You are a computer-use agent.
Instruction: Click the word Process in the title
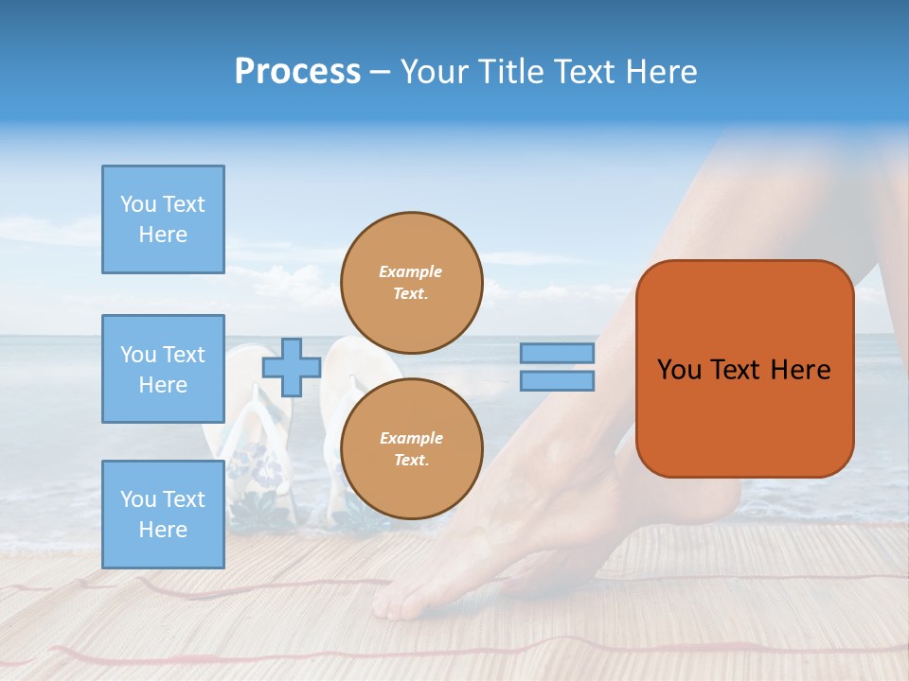[x=297, y=72]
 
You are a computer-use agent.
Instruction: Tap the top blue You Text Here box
[x=163, y=219]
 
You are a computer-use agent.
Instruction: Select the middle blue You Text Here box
[x=163, y=369]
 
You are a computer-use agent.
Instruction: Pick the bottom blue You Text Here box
[x=163, y=515]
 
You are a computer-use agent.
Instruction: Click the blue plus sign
[x=291, y=367]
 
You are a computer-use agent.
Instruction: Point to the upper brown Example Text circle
[x=411, y=282]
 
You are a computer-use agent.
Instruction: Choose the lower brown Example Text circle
[x=411, y=448]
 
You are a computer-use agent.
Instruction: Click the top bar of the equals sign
[x=557, y=354]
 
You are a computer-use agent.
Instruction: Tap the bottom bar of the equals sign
[x=557, y=380]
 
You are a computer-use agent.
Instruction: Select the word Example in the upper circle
[x=411, y=271]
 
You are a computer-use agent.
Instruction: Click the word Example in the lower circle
[x=411, y=438]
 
